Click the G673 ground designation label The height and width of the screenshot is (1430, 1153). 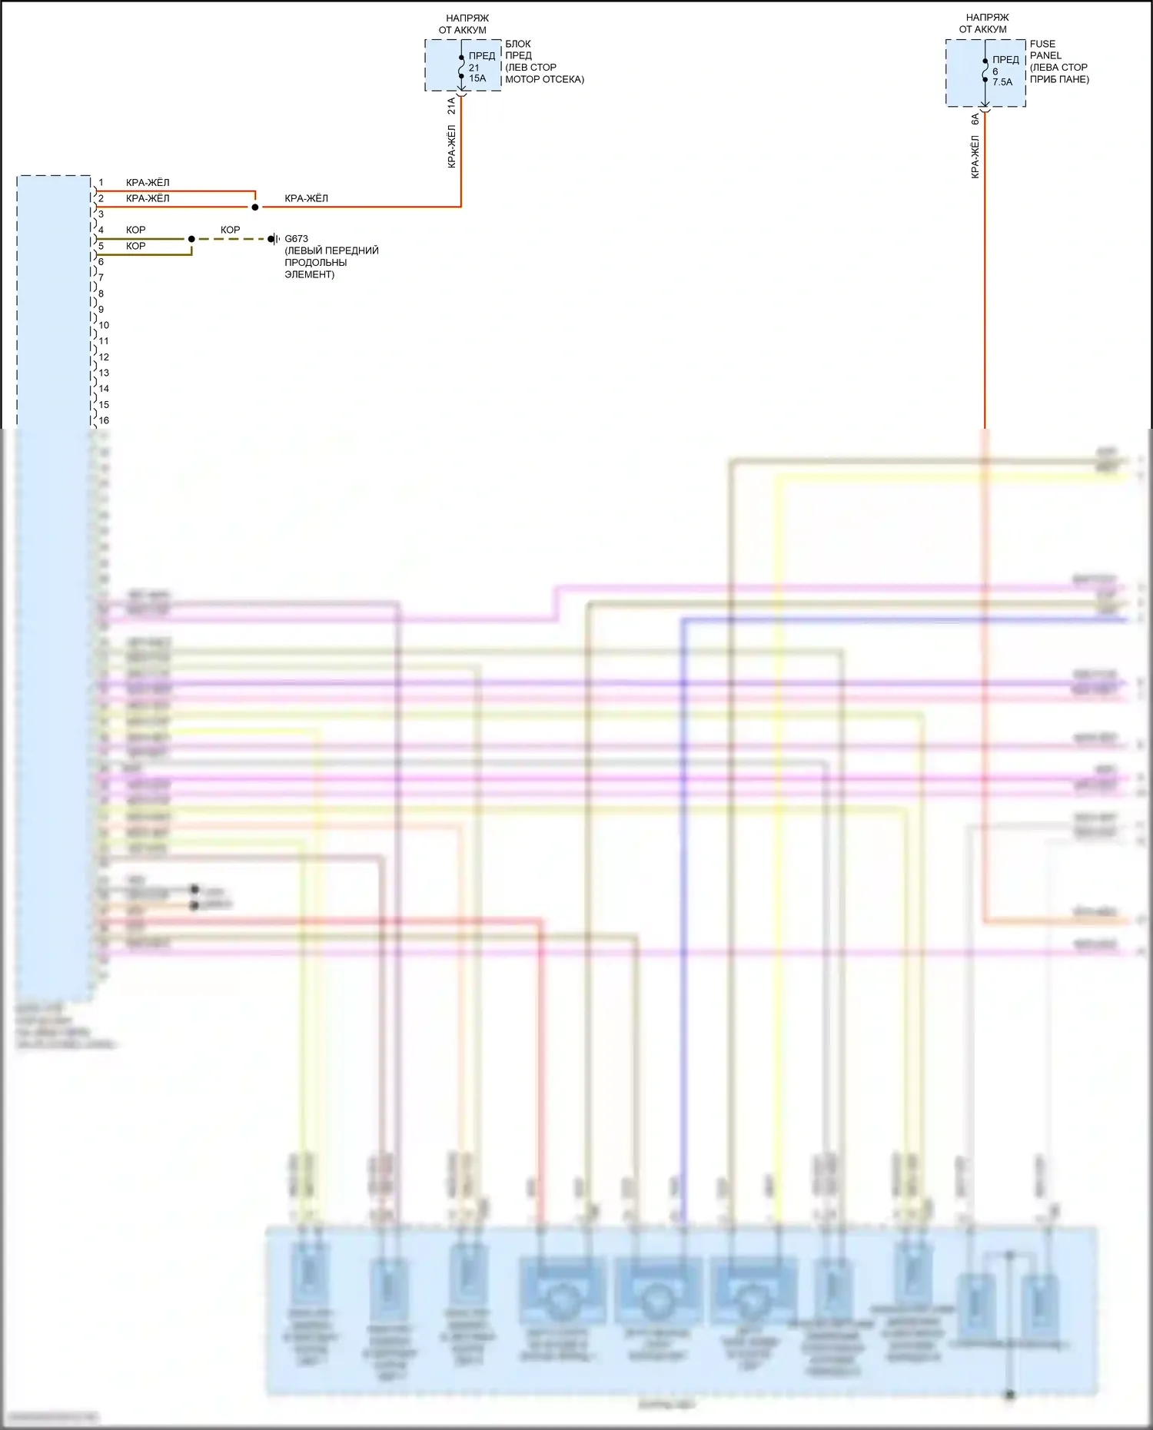coord(296,239)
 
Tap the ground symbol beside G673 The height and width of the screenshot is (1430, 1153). coord(273,239)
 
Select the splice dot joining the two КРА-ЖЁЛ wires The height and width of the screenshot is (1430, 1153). coord(255,207)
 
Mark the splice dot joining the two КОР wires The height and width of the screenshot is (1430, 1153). coord(191,239)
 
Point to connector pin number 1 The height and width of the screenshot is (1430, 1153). coord(101,183)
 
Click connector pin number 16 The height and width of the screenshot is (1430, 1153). coord(104,420)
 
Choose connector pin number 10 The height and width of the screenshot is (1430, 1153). coord(104,325)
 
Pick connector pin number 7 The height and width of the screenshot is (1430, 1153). coord(101,277)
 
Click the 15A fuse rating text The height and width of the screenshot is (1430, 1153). coord(477,78)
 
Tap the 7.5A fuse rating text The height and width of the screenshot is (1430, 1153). coord(1002,82)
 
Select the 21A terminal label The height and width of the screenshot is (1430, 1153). coord(452,105)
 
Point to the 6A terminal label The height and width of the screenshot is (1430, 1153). coord(975,119)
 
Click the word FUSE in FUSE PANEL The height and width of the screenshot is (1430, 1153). coord(1042,44)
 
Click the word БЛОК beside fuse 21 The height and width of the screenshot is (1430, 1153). coord(518,44)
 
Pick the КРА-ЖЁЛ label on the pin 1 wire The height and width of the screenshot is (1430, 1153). coord(148,183)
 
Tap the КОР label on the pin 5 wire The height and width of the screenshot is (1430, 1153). coord(135,246)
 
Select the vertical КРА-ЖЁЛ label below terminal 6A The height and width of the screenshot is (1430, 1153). coord(975,158)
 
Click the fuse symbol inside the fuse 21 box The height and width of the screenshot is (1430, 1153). coord(461,67)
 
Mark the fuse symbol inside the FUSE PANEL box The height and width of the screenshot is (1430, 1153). coord(985,70)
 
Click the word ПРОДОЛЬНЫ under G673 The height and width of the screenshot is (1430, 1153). coord(316,262)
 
